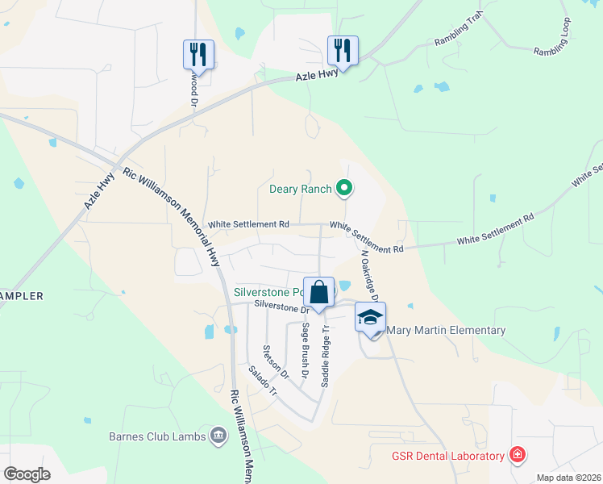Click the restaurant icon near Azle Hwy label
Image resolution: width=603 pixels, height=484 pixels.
[x=343, y=51]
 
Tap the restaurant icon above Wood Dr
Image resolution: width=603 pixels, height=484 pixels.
[x=198, y=55]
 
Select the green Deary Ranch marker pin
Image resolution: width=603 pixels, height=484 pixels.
[x=344, y=189]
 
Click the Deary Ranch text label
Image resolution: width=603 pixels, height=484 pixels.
[x=300, y=190]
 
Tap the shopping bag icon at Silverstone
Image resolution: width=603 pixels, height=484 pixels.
[x=319, y=292]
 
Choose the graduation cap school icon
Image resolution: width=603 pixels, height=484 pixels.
[x=370, y=317]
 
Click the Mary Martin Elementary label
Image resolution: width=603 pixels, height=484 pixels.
[x=446, y=330]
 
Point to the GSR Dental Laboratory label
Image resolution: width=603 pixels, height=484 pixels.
[x=448, y=456]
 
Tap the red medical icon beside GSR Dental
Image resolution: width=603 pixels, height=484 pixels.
[x=517, y=456]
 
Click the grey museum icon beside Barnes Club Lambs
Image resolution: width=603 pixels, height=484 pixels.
[x=218, y=437]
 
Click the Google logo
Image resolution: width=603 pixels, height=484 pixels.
[x=27, y=474]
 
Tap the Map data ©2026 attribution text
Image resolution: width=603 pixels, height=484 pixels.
[x=568, y=478]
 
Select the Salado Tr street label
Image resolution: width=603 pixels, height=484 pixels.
[x=262, y=381]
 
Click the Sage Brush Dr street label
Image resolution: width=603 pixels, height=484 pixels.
[x=306, y=351]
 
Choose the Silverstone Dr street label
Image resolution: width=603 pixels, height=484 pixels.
[x=281, y=307]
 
